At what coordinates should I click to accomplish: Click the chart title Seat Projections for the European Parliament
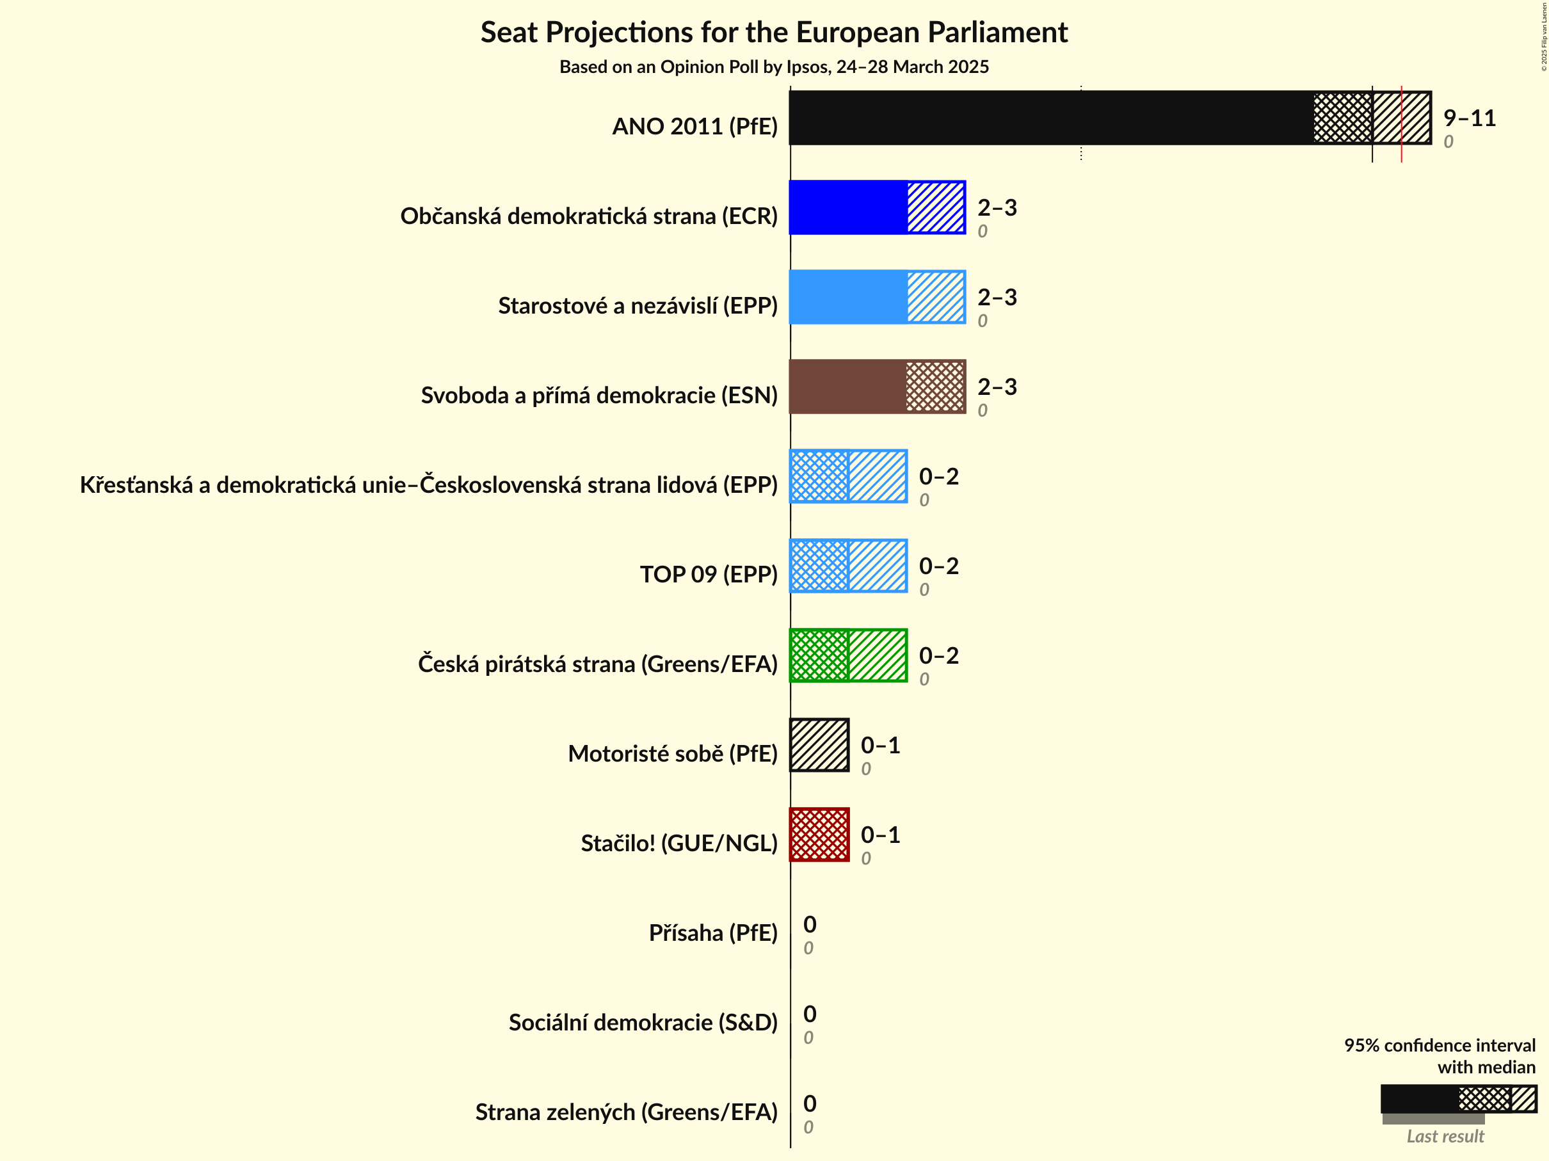(774, 32)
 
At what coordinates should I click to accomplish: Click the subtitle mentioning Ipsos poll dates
(774, 67)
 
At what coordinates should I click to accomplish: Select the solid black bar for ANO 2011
(1050, 118)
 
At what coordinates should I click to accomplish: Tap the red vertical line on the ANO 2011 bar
(1401, 122)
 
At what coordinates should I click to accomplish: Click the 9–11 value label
(1469, 118)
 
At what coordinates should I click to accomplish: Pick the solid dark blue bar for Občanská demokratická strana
(848, 207)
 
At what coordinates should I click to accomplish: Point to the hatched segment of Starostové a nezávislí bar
(936, 297)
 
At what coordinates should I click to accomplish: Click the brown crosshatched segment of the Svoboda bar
(936, 387)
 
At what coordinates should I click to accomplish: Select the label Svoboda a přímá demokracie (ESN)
(598, 395)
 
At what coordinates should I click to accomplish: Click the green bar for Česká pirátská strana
(848, 655)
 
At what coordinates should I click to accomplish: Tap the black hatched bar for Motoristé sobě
(819, 745)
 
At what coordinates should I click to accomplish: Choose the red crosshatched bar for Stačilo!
(819, 835)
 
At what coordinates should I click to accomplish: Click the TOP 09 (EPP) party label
(708, 574)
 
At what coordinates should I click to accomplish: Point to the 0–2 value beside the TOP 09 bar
(938, 566)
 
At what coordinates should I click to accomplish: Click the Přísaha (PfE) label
(713, 933)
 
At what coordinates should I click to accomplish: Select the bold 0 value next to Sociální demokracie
(810, 1014)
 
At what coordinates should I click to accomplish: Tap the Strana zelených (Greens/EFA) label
(626, 1112)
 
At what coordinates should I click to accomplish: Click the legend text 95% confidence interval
(1439, 1045)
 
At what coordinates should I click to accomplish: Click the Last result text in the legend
(1445, 1137)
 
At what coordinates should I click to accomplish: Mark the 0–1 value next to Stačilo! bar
(879, 835)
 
